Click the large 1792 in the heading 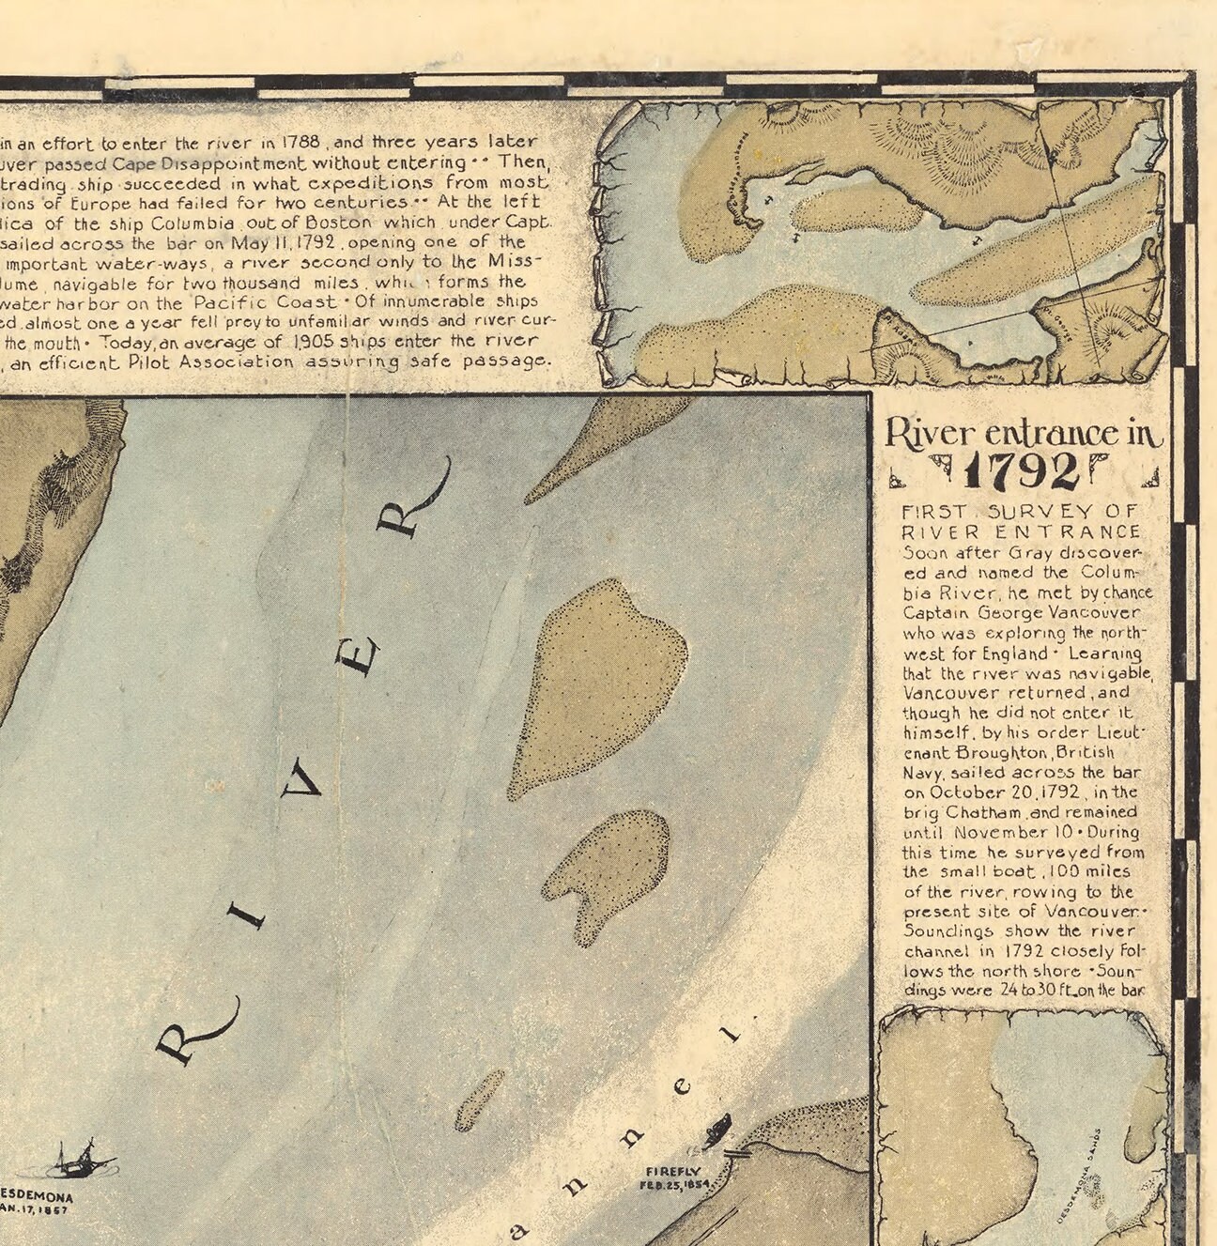click(x=1023, y=472)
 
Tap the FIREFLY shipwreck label click(x=673, y=1171)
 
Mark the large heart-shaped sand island click(x=600, y=681)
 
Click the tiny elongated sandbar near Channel click(x=479, y=1099)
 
